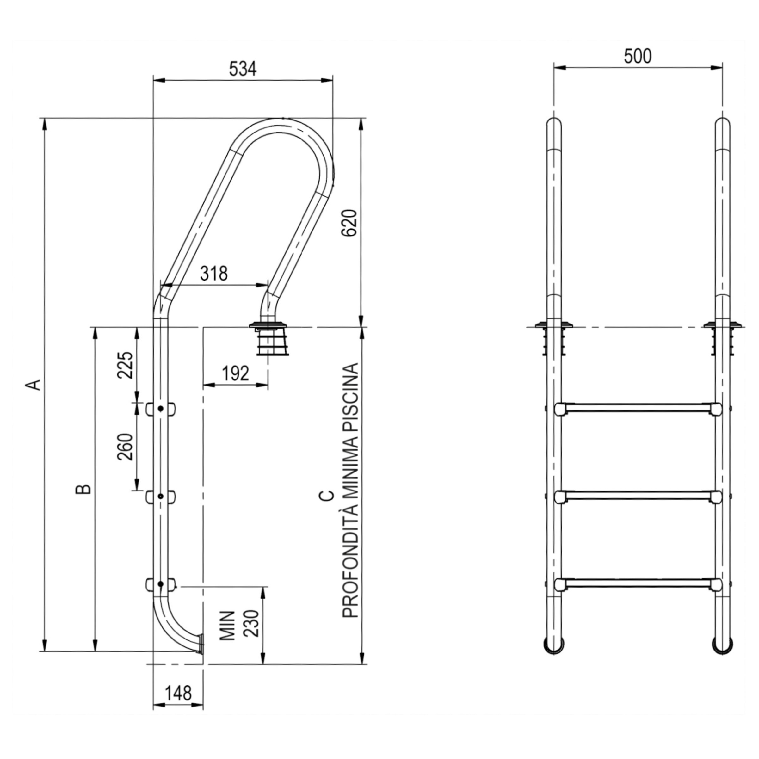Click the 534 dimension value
(243, 69)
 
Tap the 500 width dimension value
(638, 57)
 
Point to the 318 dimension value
(214, 274)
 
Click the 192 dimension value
(235, 373)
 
